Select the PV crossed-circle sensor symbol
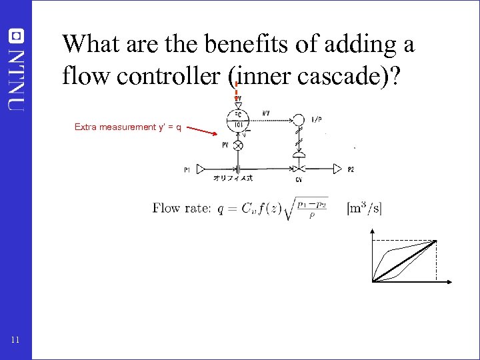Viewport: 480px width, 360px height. pyautogui.click(x=237, y=145)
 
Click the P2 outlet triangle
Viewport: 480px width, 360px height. pyautogui.click(x=339, y=169)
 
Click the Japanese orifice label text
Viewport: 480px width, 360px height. pyautogui.click(x=233, y=179)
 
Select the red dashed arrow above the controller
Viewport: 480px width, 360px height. pyautogui.click(x=237, y=89)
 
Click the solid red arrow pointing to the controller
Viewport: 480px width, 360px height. pyautogui.click(x=203, y=130)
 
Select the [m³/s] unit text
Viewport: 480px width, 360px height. pyautogui.click(x=364, y=208)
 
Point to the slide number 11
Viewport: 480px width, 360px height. pyautogui.click(x=15, y=341)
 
